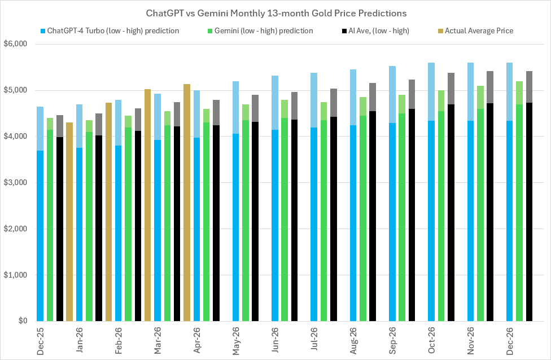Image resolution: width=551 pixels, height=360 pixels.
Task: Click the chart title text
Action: coord(275,12)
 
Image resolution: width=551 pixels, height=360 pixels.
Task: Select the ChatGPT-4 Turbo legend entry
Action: coord(113,30)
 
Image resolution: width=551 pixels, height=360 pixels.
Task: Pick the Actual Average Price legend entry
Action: coord(479,30)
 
